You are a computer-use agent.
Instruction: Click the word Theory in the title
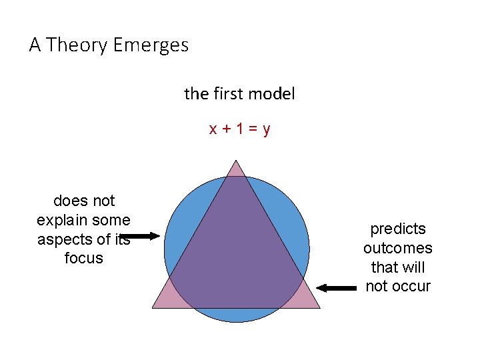point(78,45)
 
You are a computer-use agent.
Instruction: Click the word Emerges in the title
point(151,45)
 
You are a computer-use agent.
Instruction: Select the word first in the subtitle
point(230,94)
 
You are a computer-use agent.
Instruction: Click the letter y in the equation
point(267,129)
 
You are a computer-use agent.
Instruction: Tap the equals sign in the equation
point(253,129)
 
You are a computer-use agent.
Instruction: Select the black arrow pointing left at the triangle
point(337,288)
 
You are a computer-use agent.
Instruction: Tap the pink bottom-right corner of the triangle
point(308,298)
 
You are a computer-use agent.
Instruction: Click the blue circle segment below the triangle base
point(237,315)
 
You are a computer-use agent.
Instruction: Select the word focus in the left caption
point(84,258)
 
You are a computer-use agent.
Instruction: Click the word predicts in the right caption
point(398,229)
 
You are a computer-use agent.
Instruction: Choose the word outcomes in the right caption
point(398,249)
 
